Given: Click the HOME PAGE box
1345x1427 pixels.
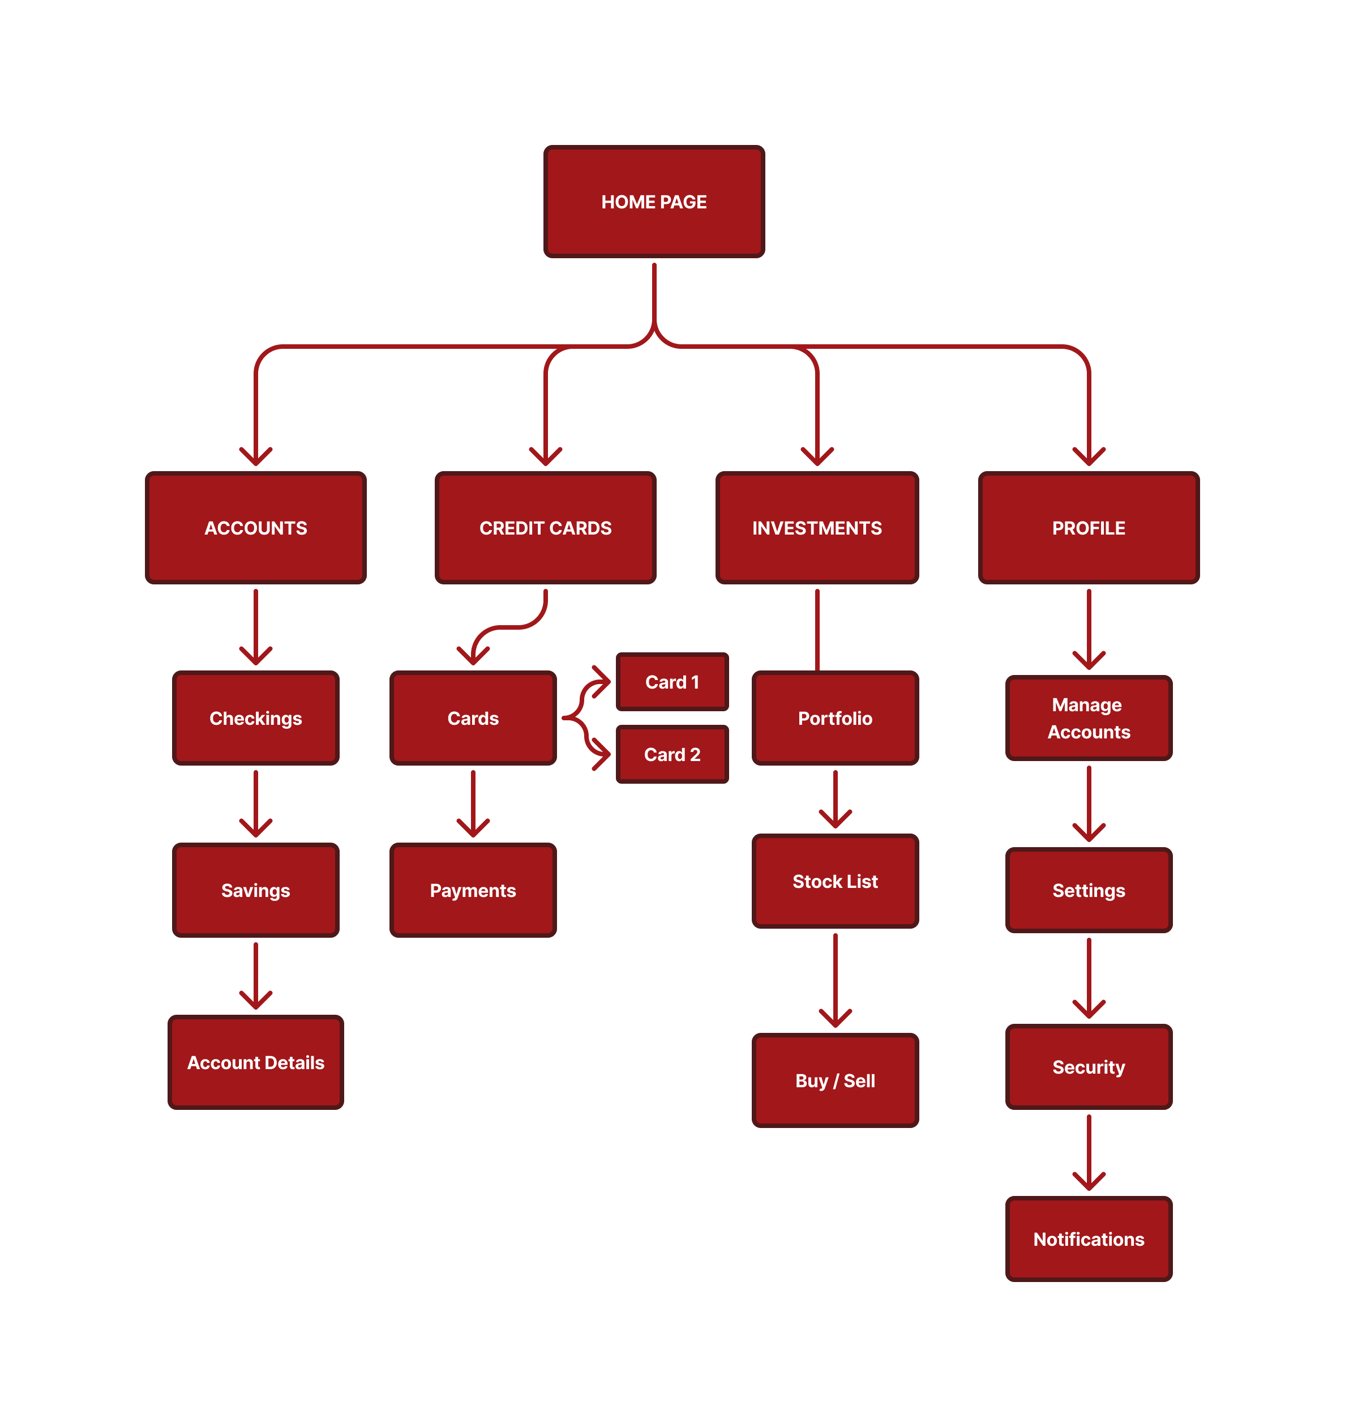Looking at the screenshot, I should tap(654, 202).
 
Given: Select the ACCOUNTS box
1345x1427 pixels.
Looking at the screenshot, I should tap(255, 528).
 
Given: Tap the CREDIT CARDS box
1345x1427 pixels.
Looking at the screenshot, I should tap(546, 528).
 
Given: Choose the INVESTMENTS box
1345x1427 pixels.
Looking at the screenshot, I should tap(817, 528).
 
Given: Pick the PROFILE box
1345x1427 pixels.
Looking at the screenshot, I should tap(1088, 528).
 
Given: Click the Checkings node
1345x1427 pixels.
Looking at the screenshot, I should tap(255, 718).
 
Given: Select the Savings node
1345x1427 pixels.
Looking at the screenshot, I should tap(255, 890).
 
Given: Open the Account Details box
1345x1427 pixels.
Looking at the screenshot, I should tap(255, 1062).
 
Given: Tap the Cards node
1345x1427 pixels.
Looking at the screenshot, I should tap(473, 718).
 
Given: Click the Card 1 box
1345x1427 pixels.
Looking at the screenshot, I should tap(672, 682).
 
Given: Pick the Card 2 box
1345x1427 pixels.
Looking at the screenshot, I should tap(672, 754).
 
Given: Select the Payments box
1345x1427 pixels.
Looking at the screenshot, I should tap(473, 890).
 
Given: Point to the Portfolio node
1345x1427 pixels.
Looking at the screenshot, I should tap(835, 718).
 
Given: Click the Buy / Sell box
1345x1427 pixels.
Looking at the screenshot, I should tap(835, 1080).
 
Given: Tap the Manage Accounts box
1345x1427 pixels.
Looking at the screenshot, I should tap(1088, 718).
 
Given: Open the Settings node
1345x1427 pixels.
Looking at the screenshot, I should tap(1088, 890).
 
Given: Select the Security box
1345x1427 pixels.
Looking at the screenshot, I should tap(1088, 1067).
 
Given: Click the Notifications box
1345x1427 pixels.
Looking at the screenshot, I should tap(1088, 1239).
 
